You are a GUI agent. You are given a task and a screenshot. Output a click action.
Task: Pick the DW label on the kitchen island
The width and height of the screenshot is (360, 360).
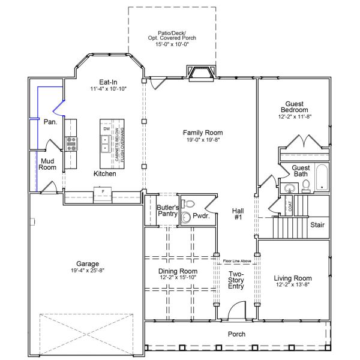coord(107,129)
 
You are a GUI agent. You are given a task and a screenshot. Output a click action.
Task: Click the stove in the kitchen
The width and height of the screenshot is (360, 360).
coord(71,143)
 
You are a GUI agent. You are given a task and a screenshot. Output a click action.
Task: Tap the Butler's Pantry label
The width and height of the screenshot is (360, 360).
coord(166,211)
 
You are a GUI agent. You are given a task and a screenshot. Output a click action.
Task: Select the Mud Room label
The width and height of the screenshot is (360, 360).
coord(47,164)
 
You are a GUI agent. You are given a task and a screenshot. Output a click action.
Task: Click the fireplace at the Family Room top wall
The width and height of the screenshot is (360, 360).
coord(200,74)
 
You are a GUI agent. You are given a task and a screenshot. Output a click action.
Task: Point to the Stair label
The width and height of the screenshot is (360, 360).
coord(317,225)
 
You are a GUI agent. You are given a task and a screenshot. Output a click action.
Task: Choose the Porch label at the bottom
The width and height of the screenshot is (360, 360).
coord(236,334)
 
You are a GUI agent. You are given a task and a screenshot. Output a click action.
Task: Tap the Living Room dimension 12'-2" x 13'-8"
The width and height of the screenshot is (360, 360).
coord(293,286)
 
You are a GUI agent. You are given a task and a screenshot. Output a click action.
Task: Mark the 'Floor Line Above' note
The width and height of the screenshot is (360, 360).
coord(236,261)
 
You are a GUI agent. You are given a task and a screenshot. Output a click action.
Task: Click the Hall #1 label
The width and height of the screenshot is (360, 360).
coord(237,214)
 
